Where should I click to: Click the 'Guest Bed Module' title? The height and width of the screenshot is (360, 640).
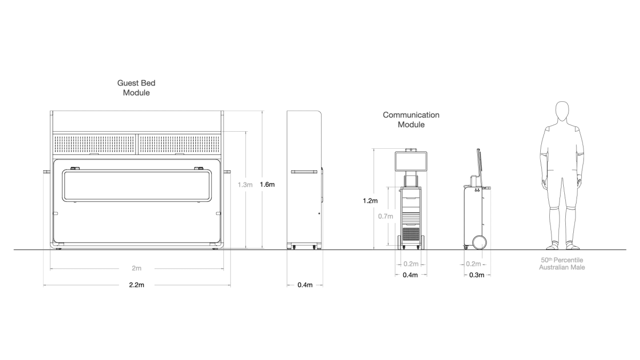137,87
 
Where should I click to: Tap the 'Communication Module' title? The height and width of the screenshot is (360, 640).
411,119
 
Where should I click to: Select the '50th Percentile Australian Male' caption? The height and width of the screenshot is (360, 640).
562,263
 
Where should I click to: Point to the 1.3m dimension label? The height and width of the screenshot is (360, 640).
245,185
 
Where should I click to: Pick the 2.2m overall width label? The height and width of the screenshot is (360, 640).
137,285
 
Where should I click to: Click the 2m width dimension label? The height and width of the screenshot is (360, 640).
137,268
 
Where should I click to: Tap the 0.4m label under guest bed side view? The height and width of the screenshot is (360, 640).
305,285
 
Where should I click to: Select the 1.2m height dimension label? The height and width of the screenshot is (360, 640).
370,201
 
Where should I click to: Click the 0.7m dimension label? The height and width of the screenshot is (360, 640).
385,216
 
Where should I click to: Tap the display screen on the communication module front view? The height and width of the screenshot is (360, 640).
411,162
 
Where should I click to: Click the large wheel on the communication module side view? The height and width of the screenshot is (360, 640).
479,243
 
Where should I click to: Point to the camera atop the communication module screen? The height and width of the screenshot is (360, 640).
411,149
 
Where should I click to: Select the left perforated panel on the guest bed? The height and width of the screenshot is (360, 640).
95,143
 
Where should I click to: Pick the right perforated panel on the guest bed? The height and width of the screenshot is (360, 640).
180,143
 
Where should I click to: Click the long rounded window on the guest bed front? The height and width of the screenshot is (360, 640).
137,185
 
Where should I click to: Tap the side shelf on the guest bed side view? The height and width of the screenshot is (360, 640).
305,172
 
